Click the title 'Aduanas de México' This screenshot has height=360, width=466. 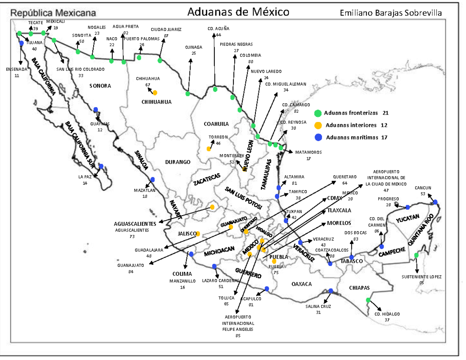(238, 12)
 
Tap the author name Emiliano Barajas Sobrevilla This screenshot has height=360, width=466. (391, 12)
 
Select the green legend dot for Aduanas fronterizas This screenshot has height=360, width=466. (318, 113)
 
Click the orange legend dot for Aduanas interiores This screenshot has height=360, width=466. (318, 125)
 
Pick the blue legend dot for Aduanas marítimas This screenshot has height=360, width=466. (318, 137)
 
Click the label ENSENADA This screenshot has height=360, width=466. (17, 70)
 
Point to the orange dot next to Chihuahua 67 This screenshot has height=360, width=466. (155, 92)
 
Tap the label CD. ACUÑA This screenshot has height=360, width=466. (219, 28)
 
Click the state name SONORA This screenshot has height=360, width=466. (100, 85)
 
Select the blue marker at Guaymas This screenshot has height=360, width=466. (96, 110)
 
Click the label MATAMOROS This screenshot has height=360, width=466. (308, 152)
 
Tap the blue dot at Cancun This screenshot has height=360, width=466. (435, 202)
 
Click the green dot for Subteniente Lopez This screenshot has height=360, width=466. (416, 255)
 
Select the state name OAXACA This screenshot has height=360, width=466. (301, 284)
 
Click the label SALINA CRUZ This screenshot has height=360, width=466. (318, 306)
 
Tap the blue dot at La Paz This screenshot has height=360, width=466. (101, 166)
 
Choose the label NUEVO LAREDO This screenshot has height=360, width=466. (266, 71)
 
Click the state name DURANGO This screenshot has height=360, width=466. (177, 162)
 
